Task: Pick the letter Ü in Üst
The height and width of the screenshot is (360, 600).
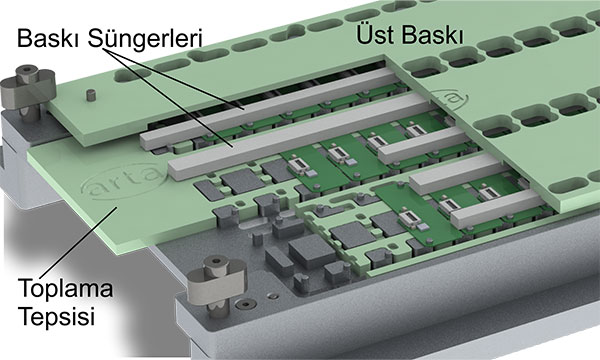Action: [x=362, y=35]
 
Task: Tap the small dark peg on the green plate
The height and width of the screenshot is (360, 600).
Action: [x=90, y=95]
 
